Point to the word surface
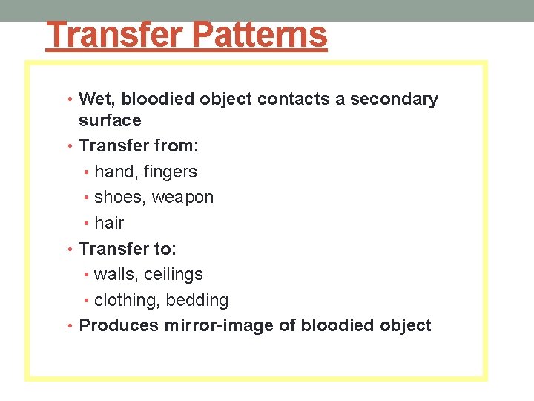[x=110, y=120]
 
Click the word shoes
[x=119, y=198]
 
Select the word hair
[x=109, y=223]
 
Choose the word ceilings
[x=174, y=275]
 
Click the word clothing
[x=127, y=301]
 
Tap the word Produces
[x=119, y=325]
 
